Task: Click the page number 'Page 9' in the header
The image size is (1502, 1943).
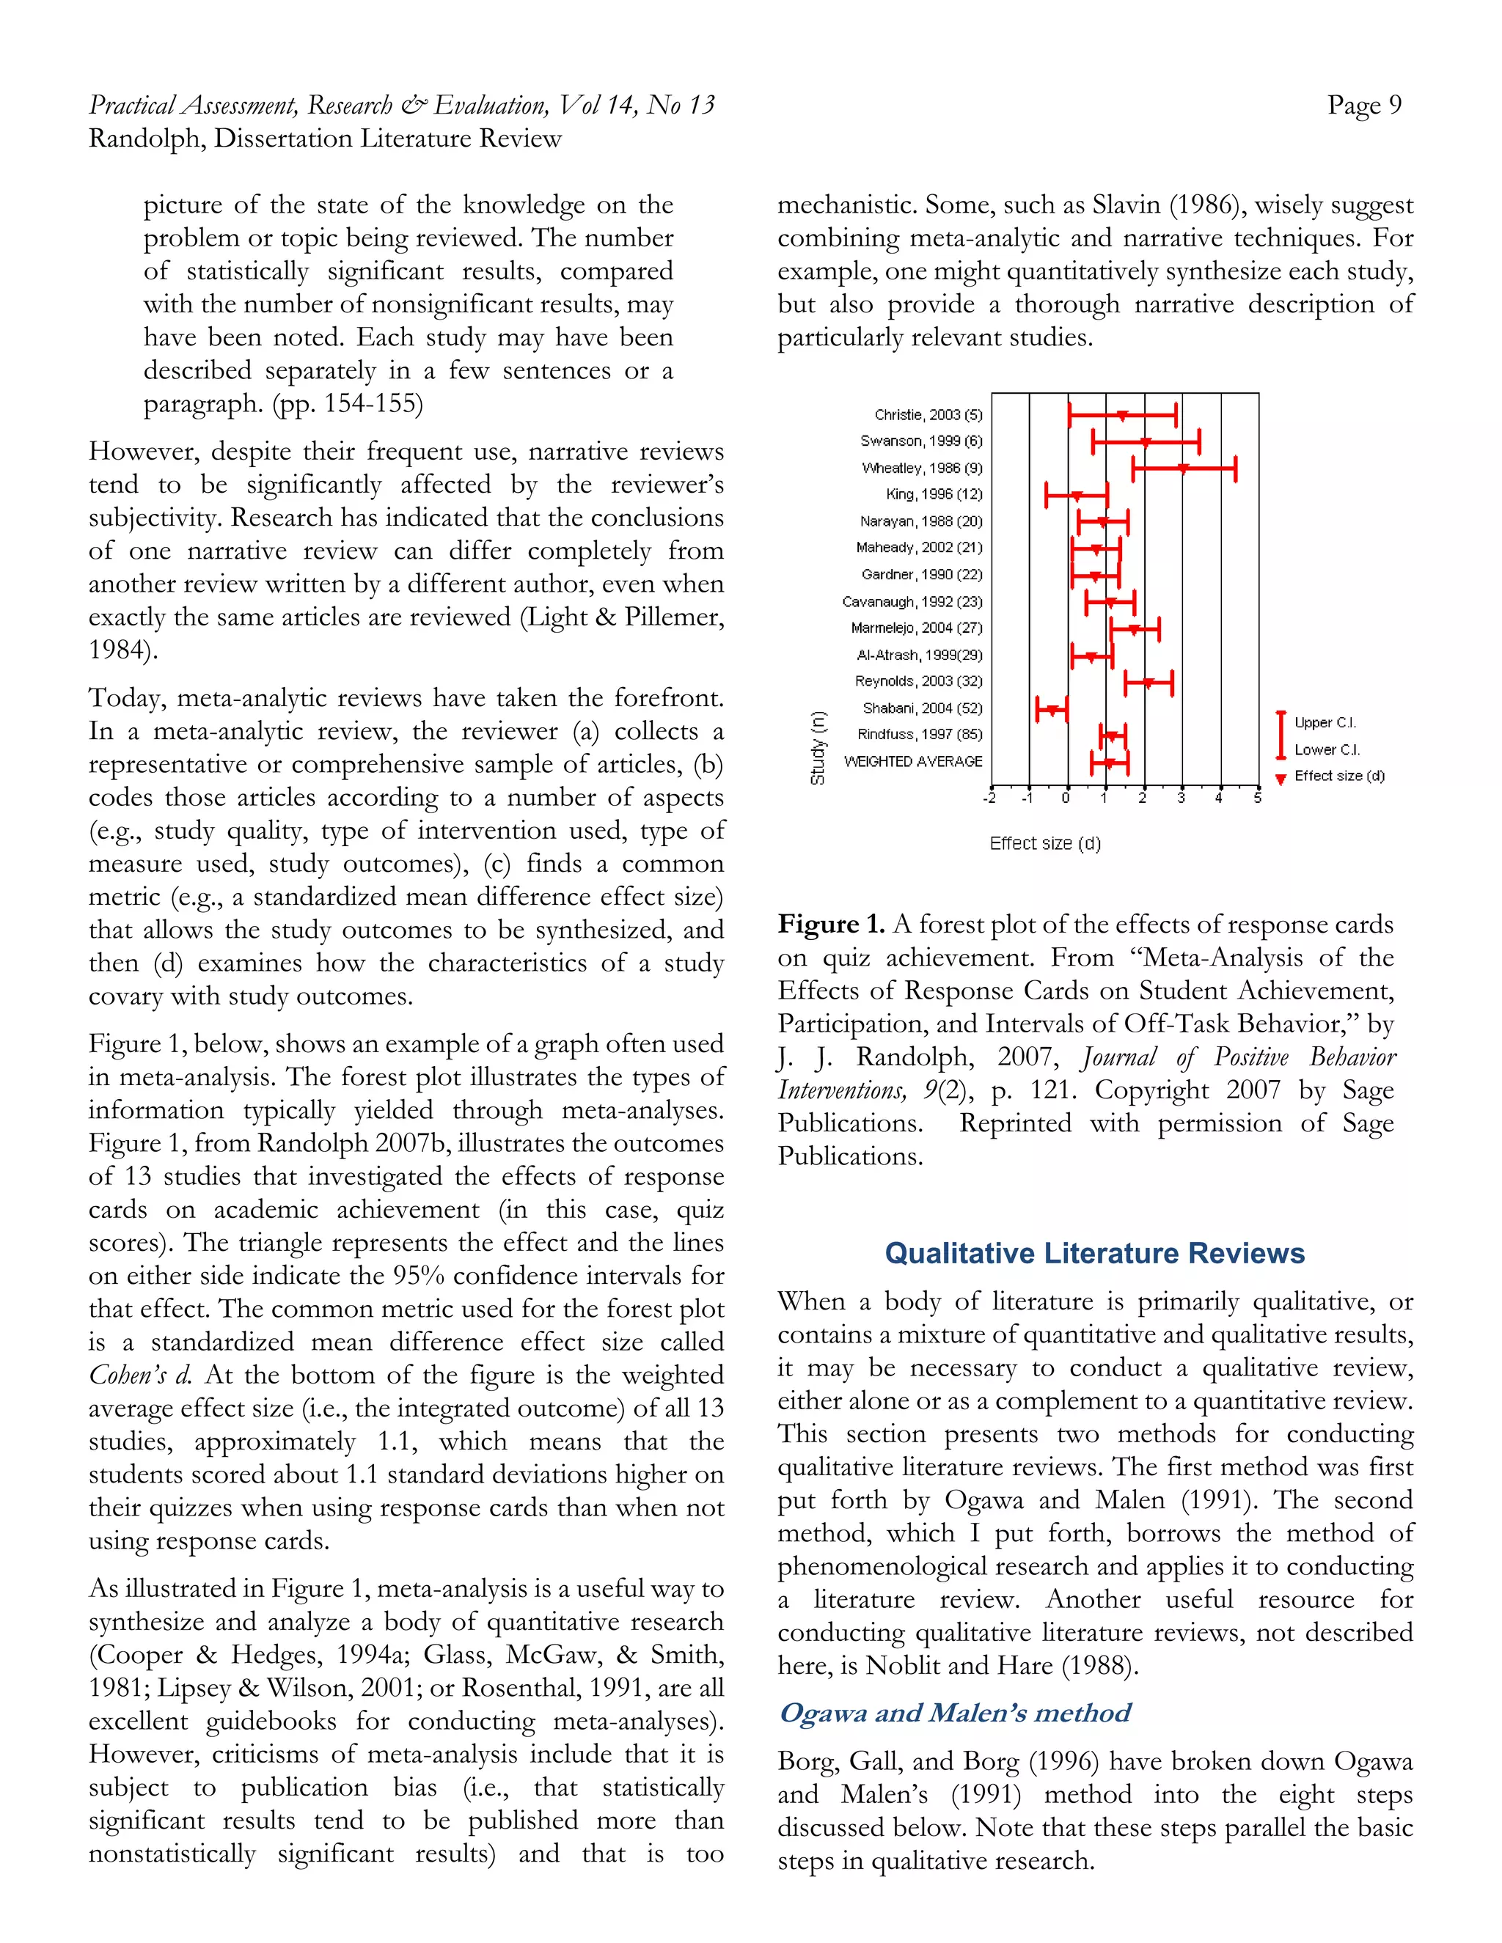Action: [1363, 106]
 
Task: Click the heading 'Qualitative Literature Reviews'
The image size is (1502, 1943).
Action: [1093, 1254]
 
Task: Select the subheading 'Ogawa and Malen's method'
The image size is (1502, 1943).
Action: [954, 1713]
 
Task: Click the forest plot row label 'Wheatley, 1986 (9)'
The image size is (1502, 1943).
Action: [922, 468]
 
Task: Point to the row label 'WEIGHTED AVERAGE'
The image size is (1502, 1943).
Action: [913, 762]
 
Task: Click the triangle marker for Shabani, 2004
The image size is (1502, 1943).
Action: [1052, 710]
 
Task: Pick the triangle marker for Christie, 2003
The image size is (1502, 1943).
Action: [1123, 416]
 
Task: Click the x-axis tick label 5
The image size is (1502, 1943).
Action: [1257, 798]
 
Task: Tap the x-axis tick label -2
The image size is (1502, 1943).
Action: [989, 798]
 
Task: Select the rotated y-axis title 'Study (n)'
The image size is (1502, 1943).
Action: [817, 747]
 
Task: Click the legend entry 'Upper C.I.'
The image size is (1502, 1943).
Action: [1325, 722]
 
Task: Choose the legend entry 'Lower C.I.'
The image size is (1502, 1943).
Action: [1327, 750]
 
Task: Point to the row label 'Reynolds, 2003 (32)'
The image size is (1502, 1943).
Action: [918, 681]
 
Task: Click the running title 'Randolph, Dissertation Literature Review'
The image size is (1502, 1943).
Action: [325, 139]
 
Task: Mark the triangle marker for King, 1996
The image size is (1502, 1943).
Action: [1077, 496]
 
